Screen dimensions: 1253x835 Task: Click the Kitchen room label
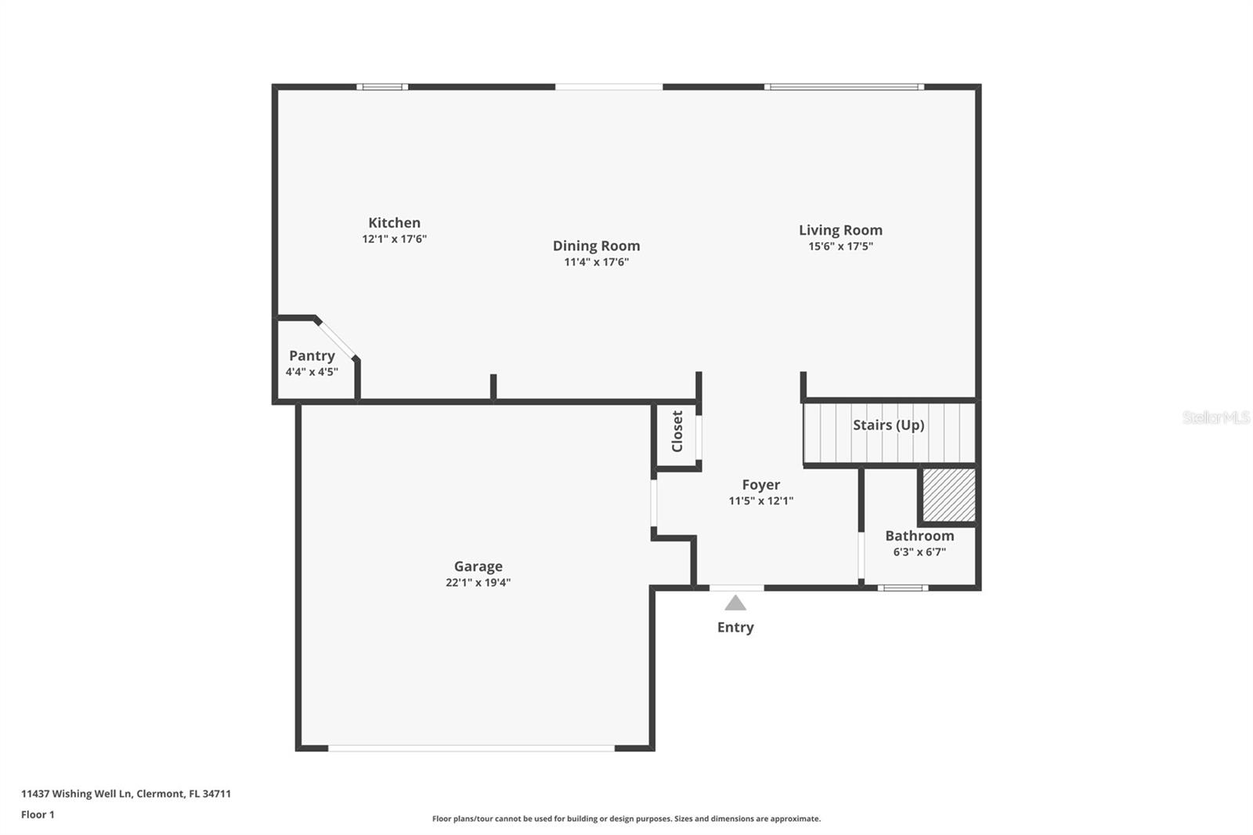pos(395,222)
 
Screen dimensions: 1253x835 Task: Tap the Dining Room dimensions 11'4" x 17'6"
pos(596,262)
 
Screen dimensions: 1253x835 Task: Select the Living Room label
pos(840,230)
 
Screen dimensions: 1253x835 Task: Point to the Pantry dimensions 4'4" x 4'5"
pos(312,371)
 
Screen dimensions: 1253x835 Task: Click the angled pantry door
pos(337,340)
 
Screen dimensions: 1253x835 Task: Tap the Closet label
pos(677,431)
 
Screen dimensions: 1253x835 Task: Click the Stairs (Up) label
pos(888,425)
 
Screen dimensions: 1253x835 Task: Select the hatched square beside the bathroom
pos(948,495)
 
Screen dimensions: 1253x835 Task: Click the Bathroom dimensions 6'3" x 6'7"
pos(919,551)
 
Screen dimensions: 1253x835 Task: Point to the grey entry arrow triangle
pos(735,603)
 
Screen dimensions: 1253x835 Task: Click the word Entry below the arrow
pos(735,627)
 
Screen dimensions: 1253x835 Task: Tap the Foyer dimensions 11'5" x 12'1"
pos(760,501)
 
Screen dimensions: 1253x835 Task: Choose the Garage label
pos(478,566)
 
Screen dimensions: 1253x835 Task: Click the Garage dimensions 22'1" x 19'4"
pos(478,583)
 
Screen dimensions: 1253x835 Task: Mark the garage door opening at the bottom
pos(471,748)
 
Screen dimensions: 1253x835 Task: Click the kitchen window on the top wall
pos(382,87)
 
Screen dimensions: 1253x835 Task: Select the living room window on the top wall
pos(844,87)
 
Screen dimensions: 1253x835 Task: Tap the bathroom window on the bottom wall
pos(902,587)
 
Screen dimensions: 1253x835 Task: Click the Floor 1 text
pos(38,815)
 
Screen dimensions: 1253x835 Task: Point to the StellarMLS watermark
pos(1216,417)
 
